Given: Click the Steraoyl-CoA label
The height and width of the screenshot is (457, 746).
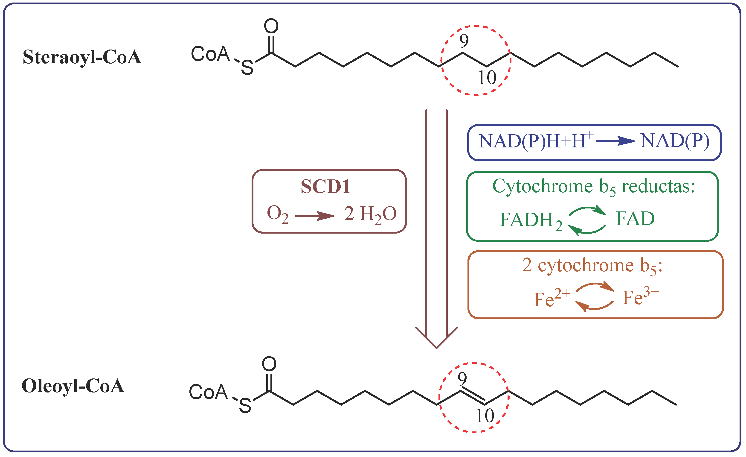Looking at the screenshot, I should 82,57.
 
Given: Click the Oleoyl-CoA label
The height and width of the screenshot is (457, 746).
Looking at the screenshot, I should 73,386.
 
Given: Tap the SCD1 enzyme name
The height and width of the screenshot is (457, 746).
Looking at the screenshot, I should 325,186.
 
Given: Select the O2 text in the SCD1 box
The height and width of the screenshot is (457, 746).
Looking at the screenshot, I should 277,214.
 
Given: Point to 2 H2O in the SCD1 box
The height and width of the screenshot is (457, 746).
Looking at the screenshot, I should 370,214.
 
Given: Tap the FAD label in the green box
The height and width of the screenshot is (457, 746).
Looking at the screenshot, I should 635,219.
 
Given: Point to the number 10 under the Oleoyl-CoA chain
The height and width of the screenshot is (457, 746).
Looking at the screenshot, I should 485,416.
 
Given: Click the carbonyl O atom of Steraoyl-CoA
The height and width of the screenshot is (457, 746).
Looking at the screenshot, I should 271,26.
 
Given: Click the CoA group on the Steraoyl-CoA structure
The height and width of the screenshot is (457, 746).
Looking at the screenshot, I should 210,54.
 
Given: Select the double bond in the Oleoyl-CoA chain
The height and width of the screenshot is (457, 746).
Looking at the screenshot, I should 473,396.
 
